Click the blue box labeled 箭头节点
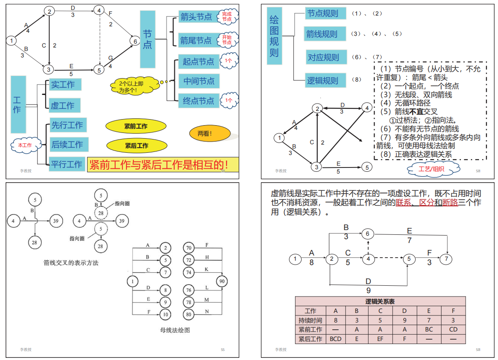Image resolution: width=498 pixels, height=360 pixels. click(x=196, y=17)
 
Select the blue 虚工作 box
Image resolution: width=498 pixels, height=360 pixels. click(x=63, y=105)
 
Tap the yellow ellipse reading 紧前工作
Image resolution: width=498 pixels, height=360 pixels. click(x=136, y=126)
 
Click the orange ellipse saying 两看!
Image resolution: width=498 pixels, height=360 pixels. click(x=205, y=133)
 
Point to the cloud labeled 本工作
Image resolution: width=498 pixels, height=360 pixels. click(x=25, y=145)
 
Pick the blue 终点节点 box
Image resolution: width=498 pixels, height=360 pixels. click(x=198, y=101)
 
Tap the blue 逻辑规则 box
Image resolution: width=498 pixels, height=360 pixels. click(x=322, y=80)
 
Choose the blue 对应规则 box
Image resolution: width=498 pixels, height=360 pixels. click(x=323, y=57)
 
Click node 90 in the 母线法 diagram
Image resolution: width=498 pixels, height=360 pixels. click(x=222, y=281)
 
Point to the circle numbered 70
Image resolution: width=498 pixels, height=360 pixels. click(x=189, y=248)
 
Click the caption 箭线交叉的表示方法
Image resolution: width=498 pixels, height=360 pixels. click(x=71, y=262)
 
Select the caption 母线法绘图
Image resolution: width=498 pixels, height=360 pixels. click(x=175, y=330)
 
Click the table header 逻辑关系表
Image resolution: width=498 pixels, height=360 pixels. click(x=380, y=301)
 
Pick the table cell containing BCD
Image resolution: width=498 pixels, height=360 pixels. click(x=335, y=339)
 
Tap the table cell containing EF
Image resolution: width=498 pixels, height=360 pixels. click(x=380, y=339)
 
